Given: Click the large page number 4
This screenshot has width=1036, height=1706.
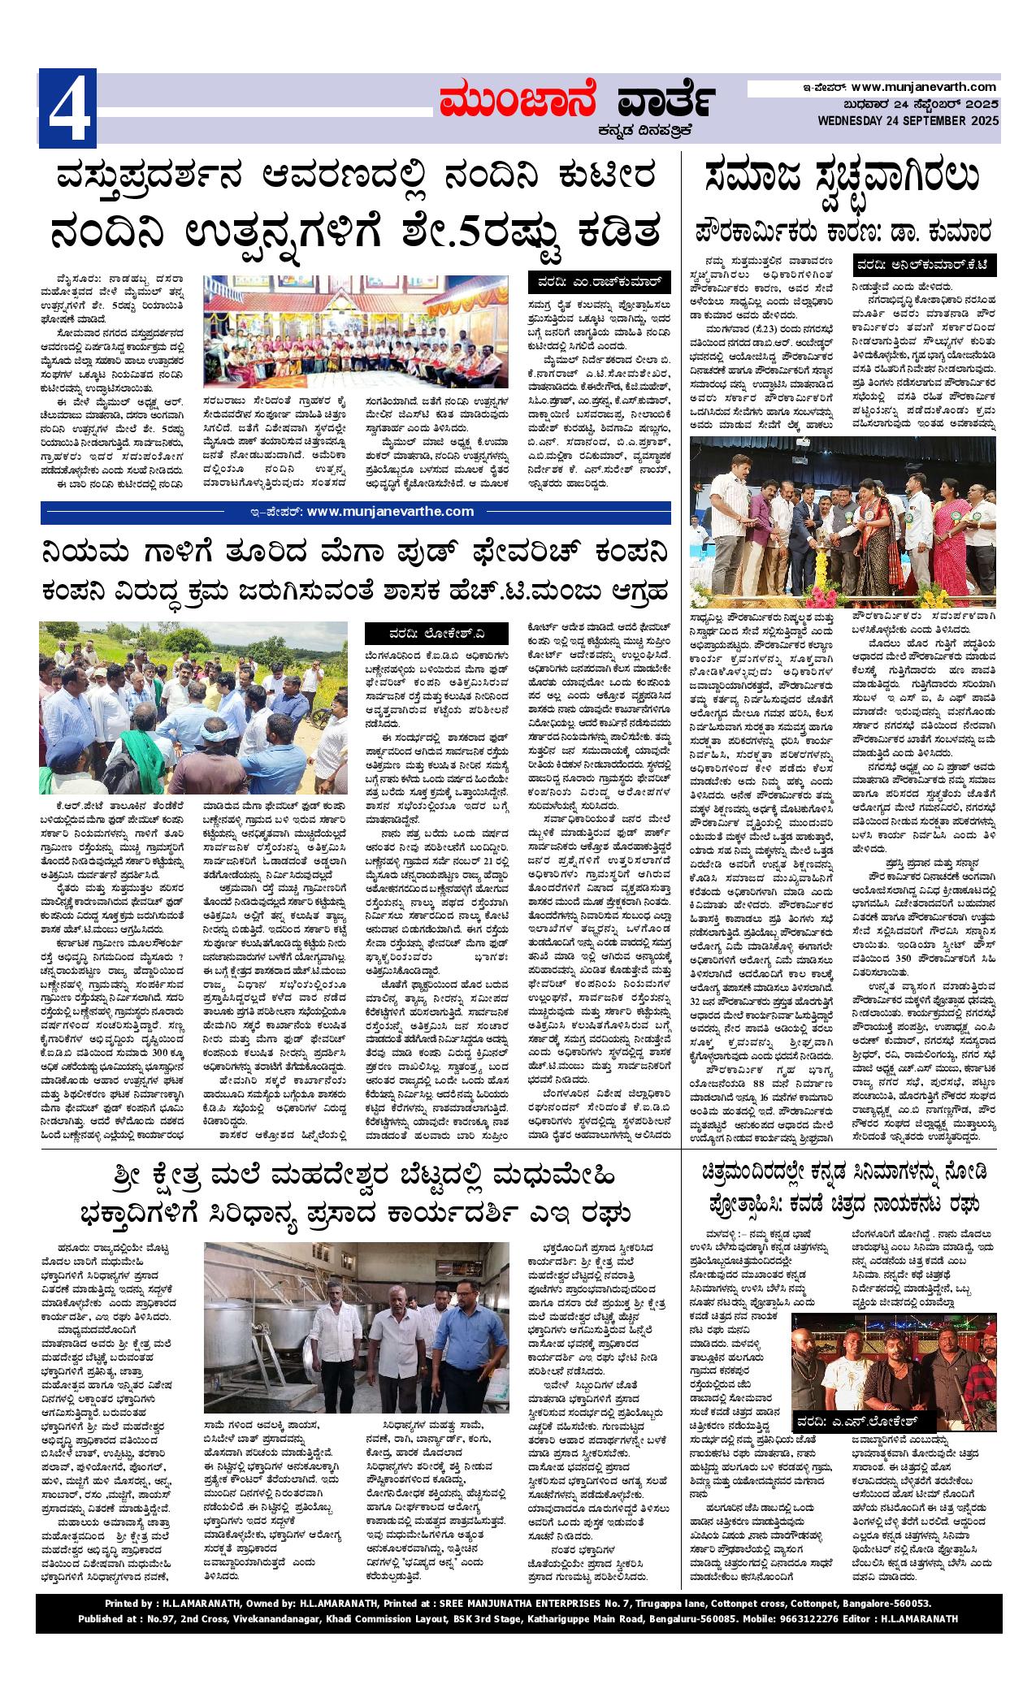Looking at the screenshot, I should (68, 108).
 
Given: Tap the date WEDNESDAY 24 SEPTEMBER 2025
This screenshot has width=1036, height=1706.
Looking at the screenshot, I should (908, 121).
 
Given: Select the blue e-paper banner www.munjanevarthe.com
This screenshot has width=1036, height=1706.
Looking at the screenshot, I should (356, 512).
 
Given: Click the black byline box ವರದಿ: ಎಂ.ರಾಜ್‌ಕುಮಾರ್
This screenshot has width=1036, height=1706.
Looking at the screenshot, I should (600, 284).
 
